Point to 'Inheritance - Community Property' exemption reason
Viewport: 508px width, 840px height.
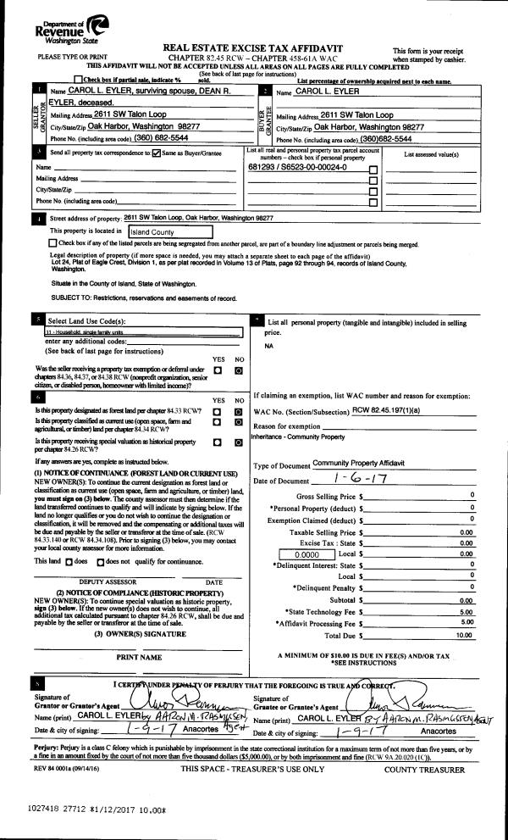click(297, 437)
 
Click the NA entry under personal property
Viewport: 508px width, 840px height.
click(269, 347)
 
